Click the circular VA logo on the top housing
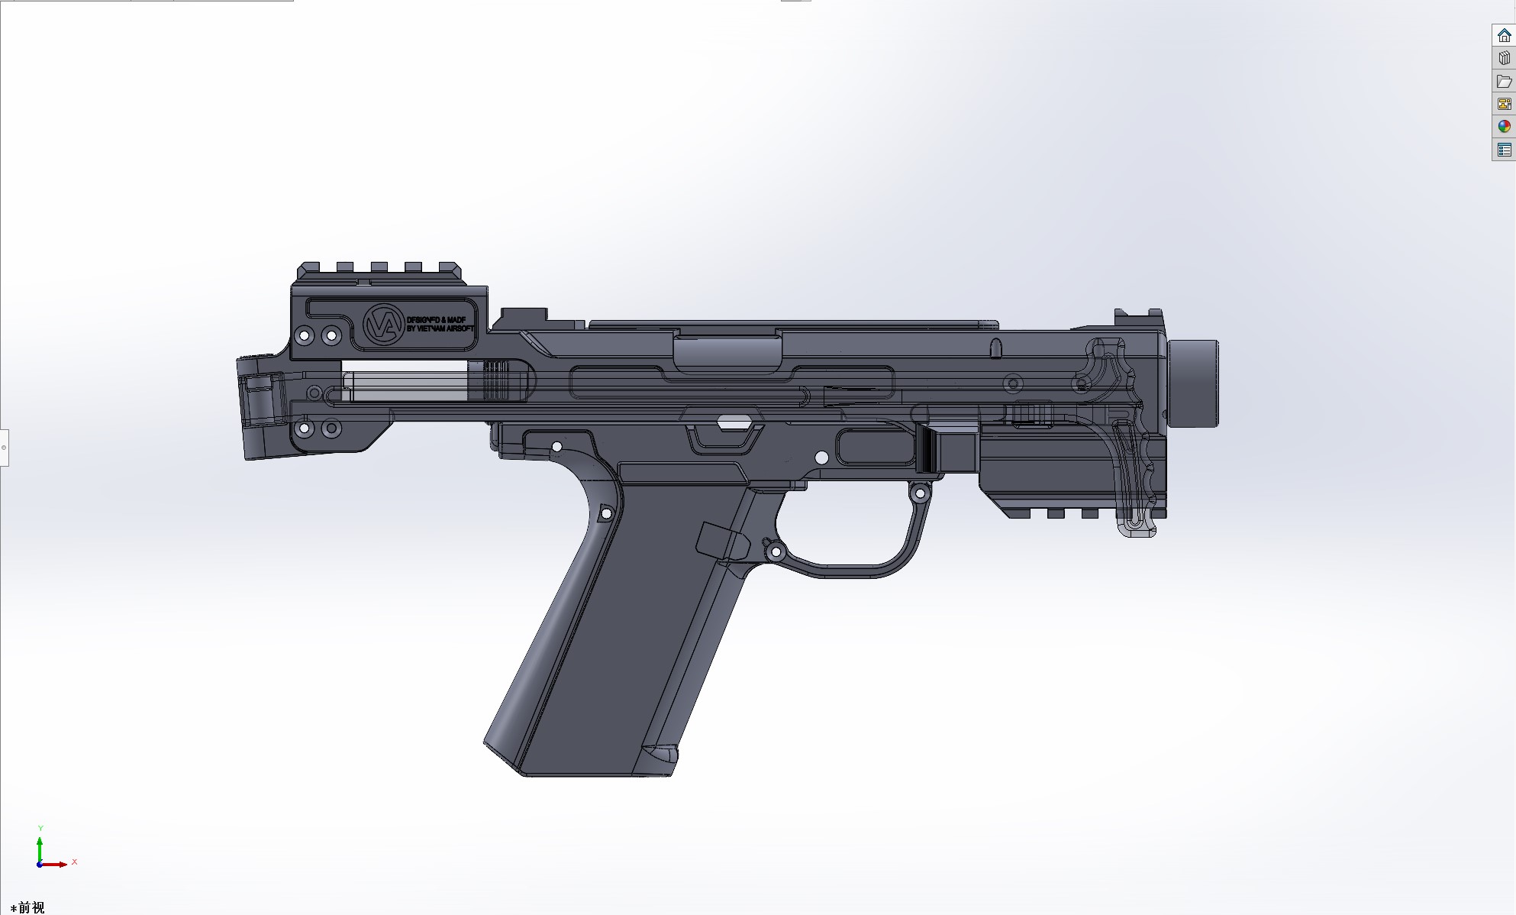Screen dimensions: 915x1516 click(x=379, y=324)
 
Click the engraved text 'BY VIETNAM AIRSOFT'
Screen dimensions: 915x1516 click(x=440, y=329)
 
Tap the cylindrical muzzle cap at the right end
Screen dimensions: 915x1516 click(x=1193, y=383)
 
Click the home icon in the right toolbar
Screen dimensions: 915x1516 click(x=1504, y=36)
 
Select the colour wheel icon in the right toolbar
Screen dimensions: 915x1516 click(x=1504, y=127)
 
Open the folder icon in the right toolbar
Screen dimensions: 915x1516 click(x=1504, y=81)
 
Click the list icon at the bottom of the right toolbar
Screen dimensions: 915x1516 click(x=1504, y=150)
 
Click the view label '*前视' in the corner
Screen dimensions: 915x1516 click(x=28, y=907)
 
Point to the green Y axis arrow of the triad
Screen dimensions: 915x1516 click(x=40, y=840)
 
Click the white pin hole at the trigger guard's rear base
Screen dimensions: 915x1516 click(x=776, y=551)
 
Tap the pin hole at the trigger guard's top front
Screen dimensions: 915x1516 click(x=919, y=495)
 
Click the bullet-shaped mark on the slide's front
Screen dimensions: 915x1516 click(x=995, y=348)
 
